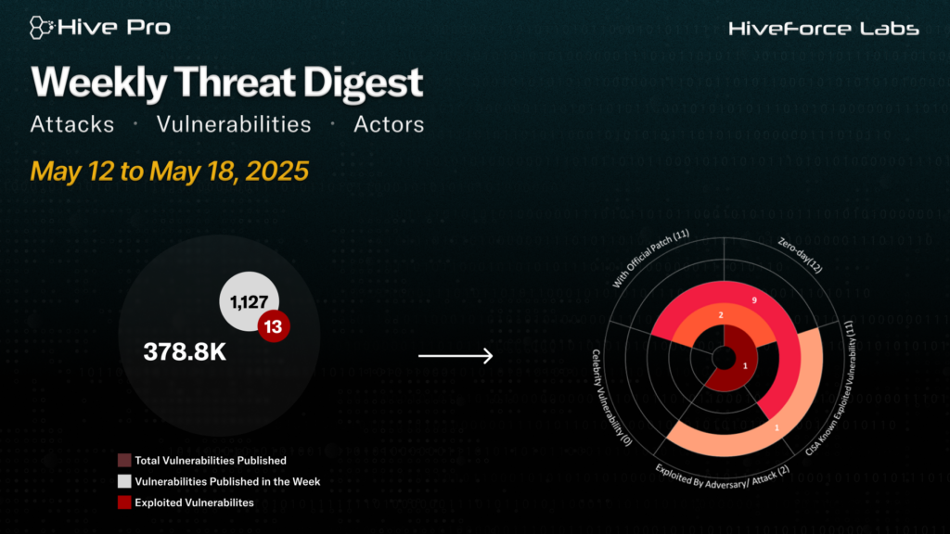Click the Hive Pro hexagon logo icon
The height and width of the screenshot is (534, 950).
pyautogui.click(x=42, y=28)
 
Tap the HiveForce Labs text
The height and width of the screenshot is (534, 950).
pyautogui.click(x=824, y=29)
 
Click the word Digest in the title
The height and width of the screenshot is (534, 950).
pyautogui.click(x=363, y=83)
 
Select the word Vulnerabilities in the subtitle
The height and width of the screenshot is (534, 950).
pyautogui.click(x=234, y=124)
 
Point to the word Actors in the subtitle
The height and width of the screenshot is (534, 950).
pyautogui.click(x=389, y=124)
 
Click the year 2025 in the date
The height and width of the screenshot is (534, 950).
pyautogui.click(x=276, y=171)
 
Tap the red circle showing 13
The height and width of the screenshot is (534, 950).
pyautogui.click(x=274, y=326)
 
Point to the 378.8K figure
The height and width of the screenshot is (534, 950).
pyautogui.click(x=185, y=351)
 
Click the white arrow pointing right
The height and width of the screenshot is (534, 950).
pyautogui.click(x=456, y=355)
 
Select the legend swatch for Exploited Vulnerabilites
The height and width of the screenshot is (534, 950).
pyautogui.click(x=124, y=502)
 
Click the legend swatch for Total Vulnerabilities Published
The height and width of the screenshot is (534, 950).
pyautogui.click(x=124, y=460)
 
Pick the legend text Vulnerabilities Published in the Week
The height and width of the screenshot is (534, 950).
pyautogui.click(x=227, y=481)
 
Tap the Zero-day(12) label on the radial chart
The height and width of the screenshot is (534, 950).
pyautogui.click(x=801, y=255)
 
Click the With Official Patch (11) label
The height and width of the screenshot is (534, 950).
pyautogui.click(x=650, y=258)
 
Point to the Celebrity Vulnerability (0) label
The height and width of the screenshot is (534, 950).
pyautogui.click(x=610, y=398)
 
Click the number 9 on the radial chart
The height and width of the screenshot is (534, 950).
pyautogui.click(x=754, y=300)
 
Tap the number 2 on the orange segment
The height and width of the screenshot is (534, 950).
pyautogui.click(x=721, y=315)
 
